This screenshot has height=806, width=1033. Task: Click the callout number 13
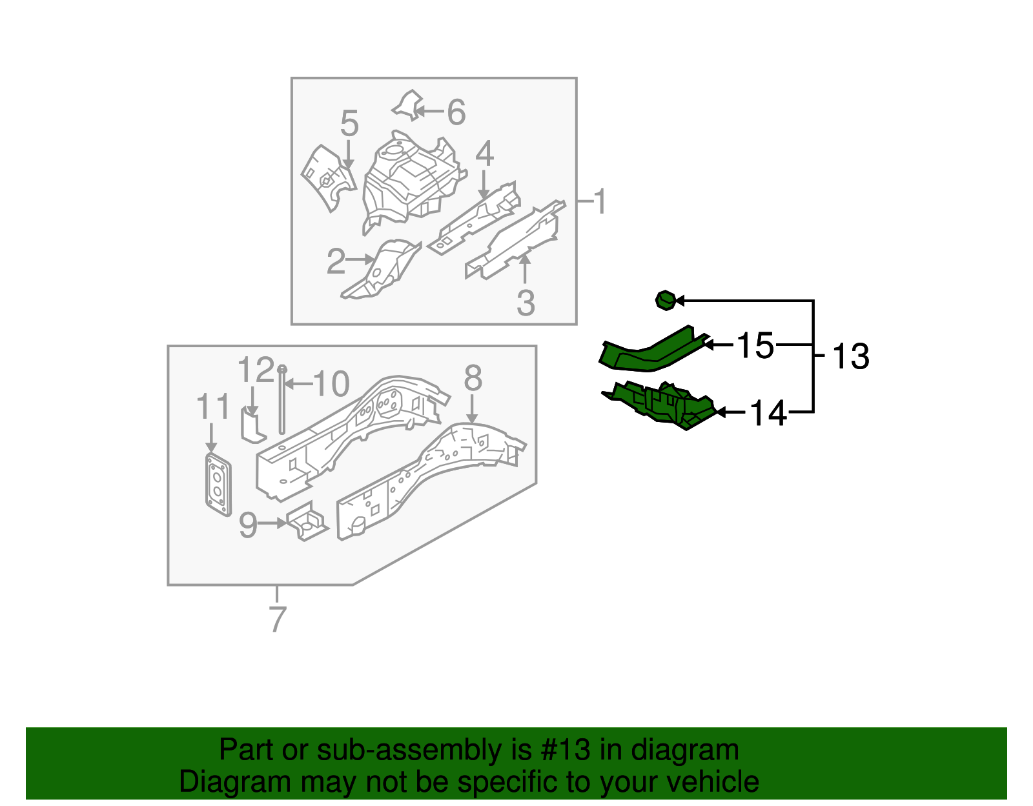click(851, 357)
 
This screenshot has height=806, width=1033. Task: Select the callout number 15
click(755, 345)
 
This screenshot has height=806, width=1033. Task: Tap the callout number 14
click(768, 413)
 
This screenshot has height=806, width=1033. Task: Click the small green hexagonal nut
click(665, 300)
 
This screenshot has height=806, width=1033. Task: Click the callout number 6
click(456, 112)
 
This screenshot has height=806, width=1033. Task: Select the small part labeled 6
click(407, 105)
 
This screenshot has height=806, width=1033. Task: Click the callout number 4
click(484, 155)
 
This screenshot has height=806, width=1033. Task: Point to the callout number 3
click(526, 303)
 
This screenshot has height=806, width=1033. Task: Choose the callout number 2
click(336, 261)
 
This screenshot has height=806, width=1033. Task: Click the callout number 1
click(600, 202)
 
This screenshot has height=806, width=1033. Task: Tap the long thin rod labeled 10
click(282, 400)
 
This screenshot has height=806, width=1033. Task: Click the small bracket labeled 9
click(306, 523)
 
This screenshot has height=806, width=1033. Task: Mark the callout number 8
click(473, 378)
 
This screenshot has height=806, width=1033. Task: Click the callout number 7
click(277, 620)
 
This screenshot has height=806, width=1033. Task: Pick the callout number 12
click(256, 370)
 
